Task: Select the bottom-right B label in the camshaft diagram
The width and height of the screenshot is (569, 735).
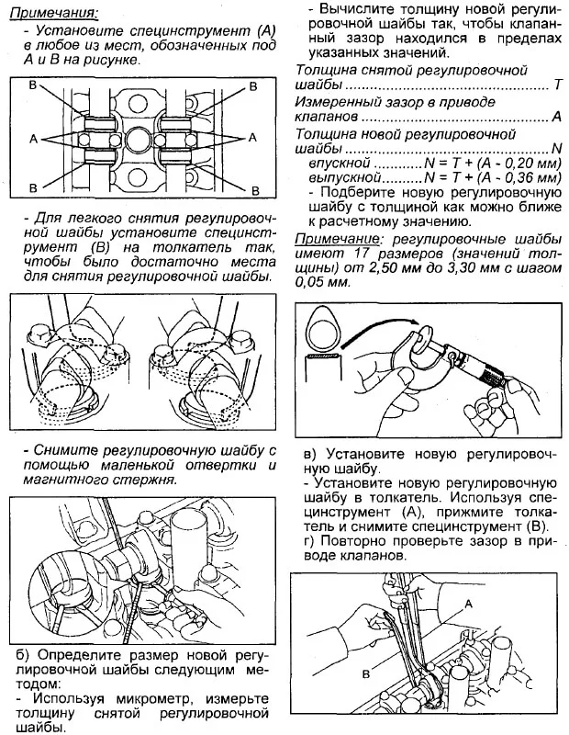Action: [x=251, y=187]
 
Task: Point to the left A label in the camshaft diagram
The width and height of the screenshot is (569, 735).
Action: [x=33, y=138]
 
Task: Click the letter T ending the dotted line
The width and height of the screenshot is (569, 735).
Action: [x=557, y=85]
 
